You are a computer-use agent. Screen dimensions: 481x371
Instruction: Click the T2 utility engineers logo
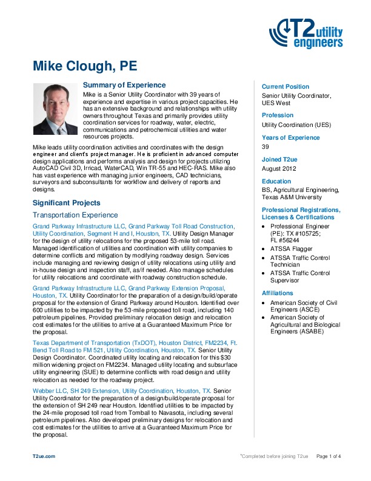(x=310, y=33)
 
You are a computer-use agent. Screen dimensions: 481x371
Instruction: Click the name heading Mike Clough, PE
(x=85, y=66)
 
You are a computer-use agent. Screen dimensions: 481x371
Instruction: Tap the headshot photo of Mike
(x=56, y=109)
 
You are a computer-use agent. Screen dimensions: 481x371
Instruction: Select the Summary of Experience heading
(x=124, y=85)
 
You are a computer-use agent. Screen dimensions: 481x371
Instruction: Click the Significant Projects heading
(x=67, y=202)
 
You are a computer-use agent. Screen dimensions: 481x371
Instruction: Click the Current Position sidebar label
(x=286, y=87)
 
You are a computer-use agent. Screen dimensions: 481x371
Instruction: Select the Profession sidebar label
(x=278, y=115)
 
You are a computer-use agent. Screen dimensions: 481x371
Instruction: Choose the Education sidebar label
(x=277, y=181)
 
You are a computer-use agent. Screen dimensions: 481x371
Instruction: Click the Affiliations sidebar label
(x=278, y=293)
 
